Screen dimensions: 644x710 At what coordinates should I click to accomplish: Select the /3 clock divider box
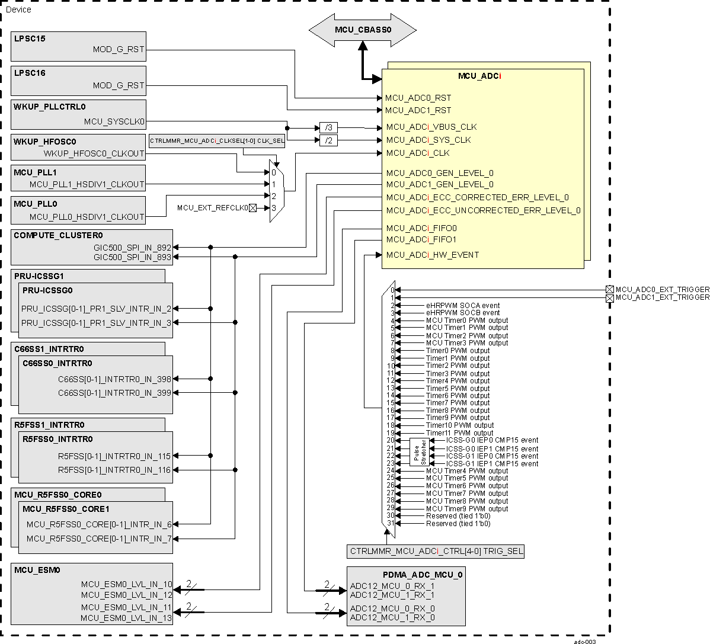(328, 127)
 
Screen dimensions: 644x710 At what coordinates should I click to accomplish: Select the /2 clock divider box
(328, 140)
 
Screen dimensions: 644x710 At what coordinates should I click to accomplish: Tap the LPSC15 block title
(30, 39)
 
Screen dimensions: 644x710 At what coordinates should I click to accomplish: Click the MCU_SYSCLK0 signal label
(114, 121)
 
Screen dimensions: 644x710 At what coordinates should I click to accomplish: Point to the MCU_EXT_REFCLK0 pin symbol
(252, 208)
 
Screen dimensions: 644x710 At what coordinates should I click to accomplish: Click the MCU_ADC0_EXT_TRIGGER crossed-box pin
(609, 289)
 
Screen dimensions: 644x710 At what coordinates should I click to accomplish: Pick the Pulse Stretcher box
(419, 452)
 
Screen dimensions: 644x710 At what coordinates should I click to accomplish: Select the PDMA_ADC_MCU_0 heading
(422, 575)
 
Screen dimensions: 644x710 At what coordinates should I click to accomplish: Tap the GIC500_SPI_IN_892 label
(132, 248)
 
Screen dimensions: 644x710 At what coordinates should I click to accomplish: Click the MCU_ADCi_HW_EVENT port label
(432, 255)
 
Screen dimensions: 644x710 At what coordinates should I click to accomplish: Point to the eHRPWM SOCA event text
(463, 306)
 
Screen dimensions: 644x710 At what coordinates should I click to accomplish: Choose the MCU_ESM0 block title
(37, 570)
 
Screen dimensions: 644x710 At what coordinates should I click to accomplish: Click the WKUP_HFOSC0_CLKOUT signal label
(94, 153)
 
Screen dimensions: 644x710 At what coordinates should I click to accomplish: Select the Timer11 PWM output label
(459, 433)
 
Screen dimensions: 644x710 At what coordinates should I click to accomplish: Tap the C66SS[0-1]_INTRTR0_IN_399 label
(114, 393)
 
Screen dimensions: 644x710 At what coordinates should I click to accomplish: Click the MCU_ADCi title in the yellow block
(480, 76)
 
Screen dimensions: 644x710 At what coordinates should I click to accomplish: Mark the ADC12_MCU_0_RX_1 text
(392, 587)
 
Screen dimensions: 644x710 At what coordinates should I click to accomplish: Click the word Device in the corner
(18, 9)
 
